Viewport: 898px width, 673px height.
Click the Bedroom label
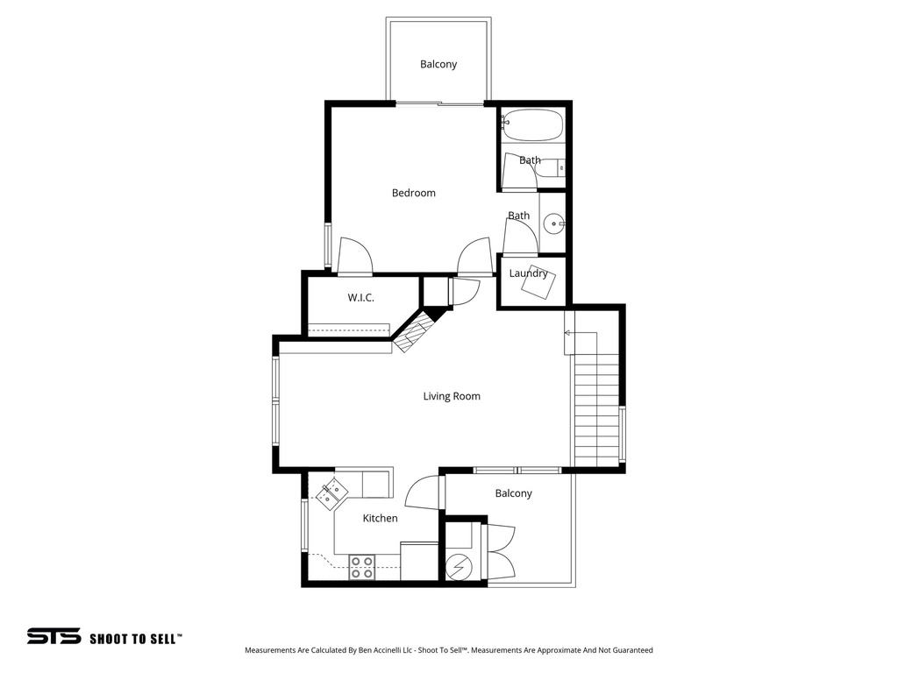click(413, 193)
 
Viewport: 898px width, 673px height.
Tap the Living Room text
click(452, 396)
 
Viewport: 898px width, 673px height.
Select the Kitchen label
click(380, 518)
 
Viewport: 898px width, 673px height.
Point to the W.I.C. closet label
click(360, 298)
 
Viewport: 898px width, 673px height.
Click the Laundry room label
click(528, 273)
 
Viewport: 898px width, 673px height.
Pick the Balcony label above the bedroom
click(438, 64)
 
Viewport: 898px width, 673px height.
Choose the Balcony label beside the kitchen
click(513, 493)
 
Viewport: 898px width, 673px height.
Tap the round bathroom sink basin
click(554, 224)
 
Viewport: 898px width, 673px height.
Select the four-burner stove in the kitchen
click(362, 567)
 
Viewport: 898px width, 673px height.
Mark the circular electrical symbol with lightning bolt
click(458, 568)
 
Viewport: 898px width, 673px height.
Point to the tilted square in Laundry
click(537, 284)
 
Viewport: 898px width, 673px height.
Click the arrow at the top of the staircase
click(568, 333)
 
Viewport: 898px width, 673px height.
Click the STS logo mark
click(53, 637)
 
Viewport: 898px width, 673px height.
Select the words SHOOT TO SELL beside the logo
click(135, 638)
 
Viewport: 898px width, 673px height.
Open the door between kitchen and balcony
click(424, 491)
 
